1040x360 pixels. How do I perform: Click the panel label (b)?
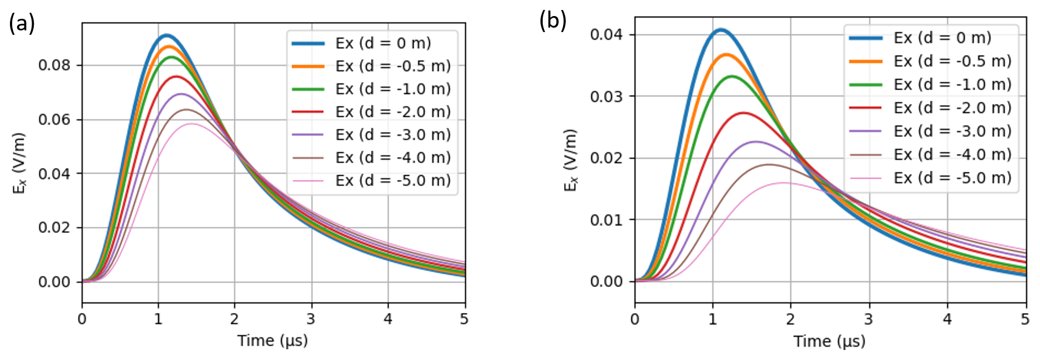[x=553, y=20]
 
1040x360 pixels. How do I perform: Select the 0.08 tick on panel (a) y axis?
[x=54, y=65]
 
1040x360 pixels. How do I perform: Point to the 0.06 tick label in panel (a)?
[x=54, y=119]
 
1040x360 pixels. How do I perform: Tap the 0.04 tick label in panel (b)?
[x=606, y=35]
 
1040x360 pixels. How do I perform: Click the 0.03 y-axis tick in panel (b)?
[x=606, y=96]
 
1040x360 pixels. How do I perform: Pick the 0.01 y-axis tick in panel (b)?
[x=606, y=220]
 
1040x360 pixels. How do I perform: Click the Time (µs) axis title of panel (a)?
[x=273, y=340]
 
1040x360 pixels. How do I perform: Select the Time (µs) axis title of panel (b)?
[x=829, y=341]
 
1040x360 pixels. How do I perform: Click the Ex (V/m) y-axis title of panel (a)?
[x=19, y=163]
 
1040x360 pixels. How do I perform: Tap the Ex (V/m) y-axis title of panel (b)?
[x=570, y=160]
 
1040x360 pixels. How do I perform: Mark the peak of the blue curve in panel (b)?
[x=720, y=30]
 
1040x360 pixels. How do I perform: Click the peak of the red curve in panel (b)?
[x=743, y=113]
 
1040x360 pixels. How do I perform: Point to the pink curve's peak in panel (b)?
[x=783, y=182]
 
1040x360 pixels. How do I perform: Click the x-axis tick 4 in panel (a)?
[x=388, y=319]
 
